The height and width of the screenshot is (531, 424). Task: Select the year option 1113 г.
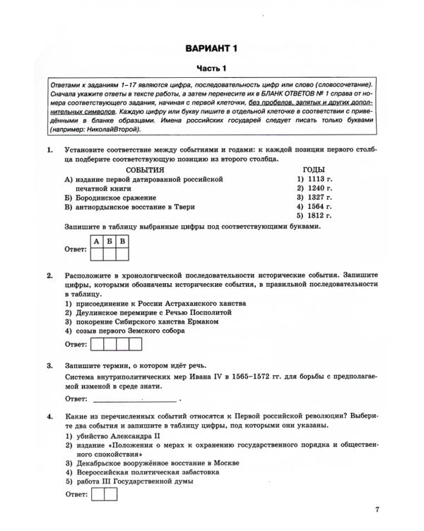coord(314,180)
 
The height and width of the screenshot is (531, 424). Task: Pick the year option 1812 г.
coord(314,215)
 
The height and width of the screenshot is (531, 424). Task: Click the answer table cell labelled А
coord(96,241)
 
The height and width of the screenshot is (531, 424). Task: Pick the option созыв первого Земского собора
coord(126,330)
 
